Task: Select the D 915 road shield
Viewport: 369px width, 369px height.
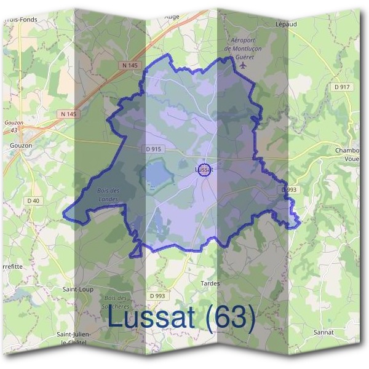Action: coord(154,149)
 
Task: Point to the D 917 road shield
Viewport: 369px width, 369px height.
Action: coord(342,87)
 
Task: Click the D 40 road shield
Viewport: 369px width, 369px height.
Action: coord(33,200)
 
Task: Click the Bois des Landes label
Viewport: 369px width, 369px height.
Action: coord(108,194)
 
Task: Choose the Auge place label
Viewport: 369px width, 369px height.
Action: coord(172,17)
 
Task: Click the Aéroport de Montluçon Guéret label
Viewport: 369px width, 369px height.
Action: coord(245,48)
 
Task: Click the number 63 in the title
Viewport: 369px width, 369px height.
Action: coord(230,317)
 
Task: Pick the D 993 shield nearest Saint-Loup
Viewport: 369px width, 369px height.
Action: coord(157,296)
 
